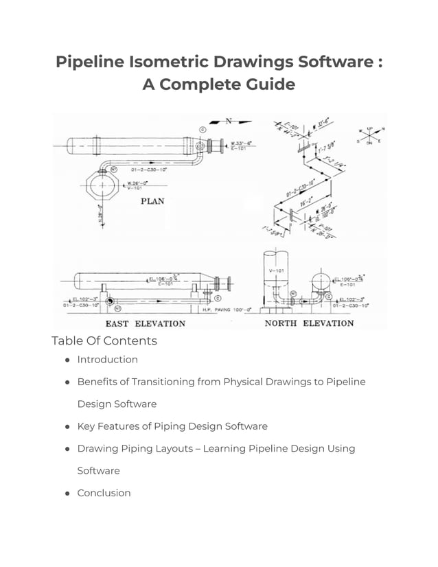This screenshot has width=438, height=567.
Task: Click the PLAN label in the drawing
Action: coord(152,201)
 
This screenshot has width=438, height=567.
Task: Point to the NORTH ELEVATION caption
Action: coord(309,323)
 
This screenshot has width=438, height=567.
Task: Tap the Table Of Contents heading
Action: coord(104,341)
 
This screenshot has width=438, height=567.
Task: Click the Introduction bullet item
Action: coord(107,360)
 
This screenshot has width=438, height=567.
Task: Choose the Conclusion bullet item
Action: coord(104,493)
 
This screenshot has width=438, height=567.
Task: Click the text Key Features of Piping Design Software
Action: coord(172,426)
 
